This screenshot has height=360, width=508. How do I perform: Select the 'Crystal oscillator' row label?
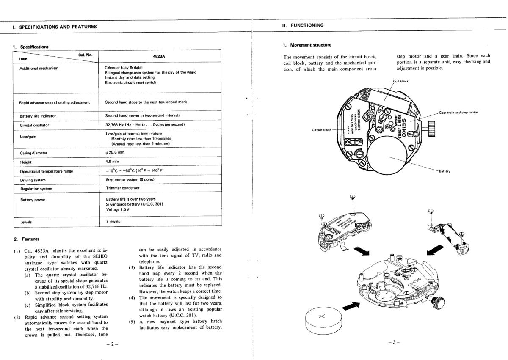[34, 126]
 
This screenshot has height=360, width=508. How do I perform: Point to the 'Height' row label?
[26, 162]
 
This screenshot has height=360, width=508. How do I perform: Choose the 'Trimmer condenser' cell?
[122, 188]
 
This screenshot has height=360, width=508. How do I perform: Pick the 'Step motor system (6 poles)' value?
[130, 180]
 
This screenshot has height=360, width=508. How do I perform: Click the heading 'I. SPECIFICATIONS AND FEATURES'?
[55, 27]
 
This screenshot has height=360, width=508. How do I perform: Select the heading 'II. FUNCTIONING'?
[303, 25]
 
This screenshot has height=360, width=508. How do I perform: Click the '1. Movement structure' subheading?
[307, 45]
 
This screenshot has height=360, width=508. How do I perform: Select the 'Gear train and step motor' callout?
[458, 113]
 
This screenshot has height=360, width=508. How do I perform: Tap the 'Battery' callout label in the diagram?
[444, 171]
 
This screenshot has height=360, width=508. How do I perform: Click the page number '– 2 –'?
[112, 344]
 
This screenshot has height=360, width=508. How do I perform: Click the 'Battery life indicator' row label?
[38, 116]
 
